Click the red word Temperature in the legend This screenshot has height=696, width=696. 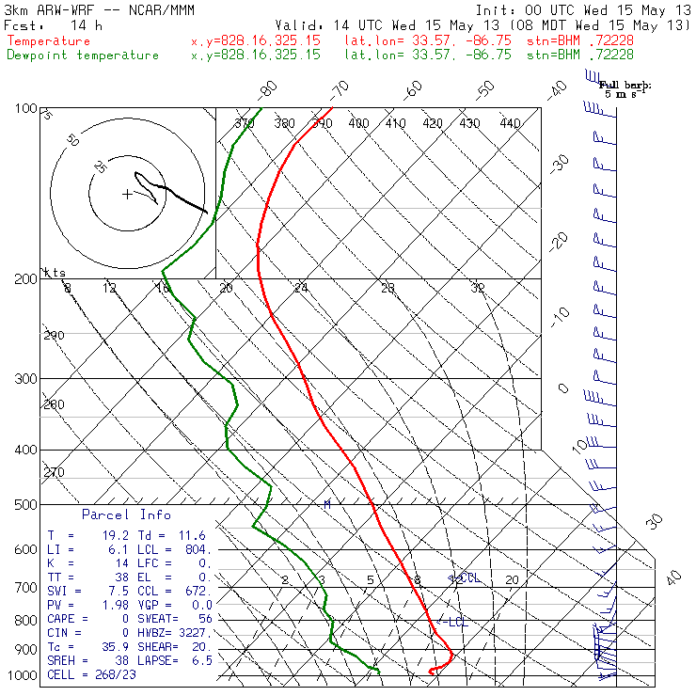coord(49,41)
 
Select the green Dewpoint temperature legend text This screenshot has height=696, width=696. coord(83,55)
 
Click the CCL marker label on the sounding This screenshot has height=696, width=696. coord(468,577)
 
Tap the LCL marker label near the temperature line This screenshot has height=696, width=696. coord(457,622)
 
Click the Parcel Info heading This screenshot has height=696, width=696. coord(126,514)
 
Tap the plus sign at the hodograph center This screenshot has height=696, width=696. coord(127,195)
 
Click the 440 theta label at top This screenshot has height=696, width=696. coord(510,123)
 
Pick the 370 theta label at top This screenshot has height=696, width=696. coord(245,123)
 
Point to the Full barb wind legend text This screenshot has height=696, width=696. coord(625,86)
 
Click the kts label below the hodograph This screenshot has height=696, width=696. coord(56,272)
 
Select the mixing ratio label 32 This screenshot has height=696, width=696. coord(478,288)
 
